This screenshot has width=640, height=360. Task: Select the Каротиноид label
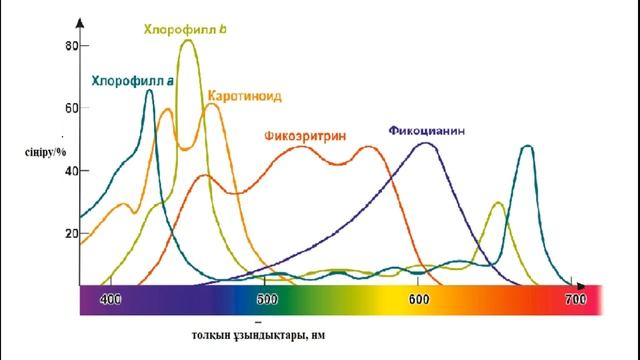(245, 96)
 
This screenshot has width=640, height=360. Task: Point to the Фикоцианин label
(427, 131)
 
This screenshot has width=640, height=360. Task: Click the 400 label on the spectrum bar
(111, 298)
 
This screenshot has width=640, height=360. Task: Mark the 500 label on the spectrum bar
(266, 298)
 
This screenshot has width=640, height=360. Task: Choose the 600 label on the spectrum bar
(420, 298)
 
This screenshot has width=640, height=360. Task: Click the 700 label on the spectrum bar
(575, 298)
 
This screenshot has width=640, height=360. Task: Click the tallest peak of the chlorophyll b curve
(187, 41)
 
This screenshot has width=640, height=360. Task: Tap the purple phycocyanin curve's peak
(426, 143)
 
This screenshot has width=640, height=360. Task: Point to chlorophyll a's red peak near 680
(526, 146)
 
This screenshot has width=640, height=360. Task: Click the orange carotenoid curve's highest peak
(212, 104)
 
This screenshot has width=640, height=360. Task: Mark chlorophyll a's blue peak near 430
(149, 90)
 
